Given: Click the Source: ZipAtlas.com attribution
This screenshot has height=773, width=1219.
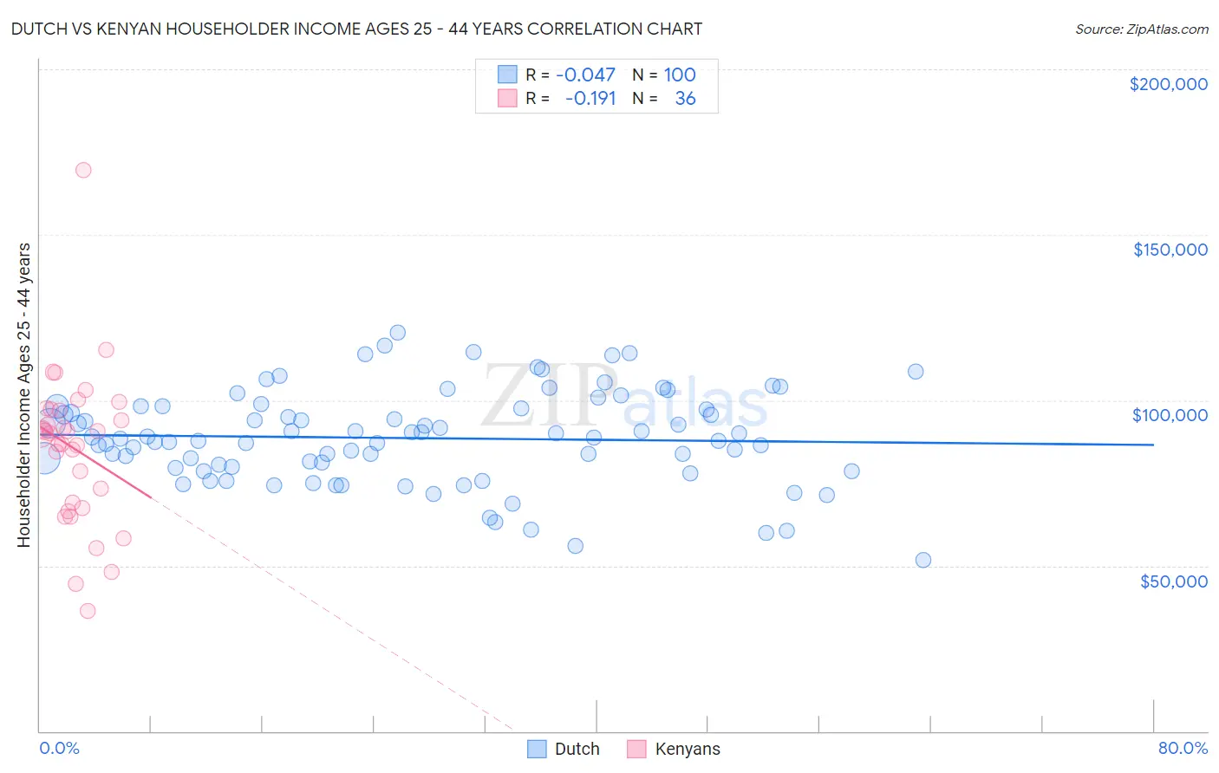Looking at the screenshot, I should coord(1141,29).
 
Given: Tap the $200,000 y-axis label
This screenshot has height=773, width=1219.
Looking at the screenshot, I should coord(1168,84).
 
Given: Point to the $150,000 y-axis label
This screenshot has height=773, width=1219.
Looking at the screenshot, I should coord(1170,250).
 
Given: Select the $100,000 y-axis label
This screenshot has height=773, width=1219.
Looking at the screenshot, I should coord(1170,415).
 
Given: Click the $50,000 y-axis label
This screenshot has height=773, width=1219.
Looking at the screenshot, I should coord(1173,581).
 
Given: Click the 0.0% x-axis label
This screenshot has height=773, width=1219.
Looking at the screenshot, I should coord(59,748).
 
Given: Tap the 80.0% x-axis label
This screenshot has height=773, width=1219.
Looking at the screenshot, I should coord(1183,748).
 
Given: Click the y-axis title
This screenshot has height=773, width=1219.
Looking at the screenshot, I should coord(23,394).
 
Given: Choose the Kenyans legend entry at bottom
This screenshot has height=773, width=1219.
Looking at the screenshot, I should coord(674,749).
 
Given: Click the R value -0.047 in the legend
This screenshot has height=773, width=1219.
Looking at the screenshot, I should coord(585,75).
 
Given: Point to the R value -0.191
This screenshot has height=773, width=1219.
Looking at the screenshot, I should coord(590,98).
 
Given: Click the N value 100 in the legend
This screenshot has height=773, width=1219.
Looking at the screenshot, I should coord(680,75).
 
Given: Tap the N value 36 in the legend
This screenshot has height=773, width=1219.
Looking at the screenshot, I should coord(685,98).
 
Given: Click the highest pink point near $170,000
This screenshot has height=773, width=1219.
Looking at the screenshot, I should coord(83,170).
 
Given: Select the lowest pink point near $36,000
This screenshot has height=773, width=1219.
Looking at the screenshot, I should coord(88,611).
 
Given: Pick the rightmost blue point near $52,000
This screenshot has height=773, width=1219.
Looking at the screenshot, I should coord(923,560).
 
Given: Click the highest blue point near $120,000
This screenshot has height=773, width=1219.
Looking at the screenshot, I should coord(398,332).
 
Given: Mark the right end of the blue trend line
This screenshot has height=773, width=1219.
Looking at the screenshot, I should coord(1153,445).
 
